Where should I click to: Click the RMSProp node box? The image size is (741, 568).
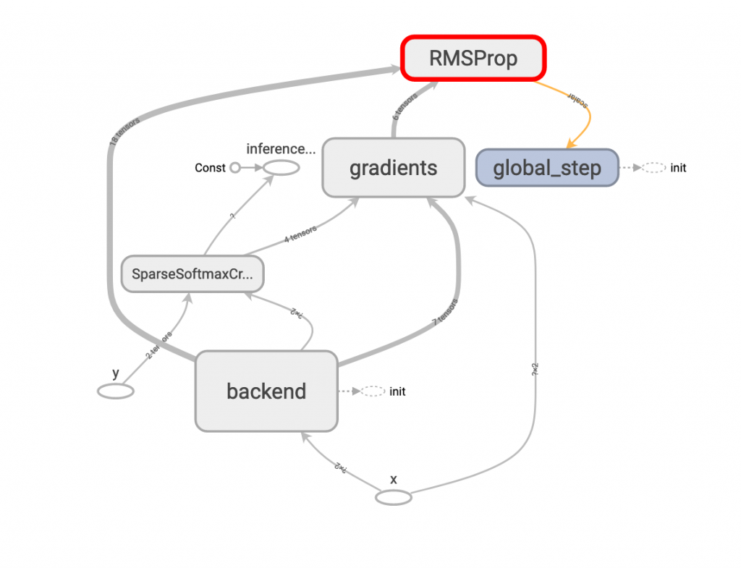(x=473, y=58)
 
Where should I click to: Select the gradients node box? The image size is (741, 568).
(x=393, y=168)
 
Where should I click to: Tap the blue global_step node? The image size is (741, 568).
(x=546, y=169)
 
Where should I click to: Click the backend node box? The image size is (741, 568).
(x=266, y=391)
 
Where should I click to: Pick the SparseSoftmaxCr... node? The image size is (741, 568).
(x=192, y=274)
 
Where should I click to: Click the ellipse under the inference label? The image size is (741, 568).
(x=281, y=168)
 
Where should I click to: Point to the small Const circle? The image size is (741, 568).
(x=234, y=168)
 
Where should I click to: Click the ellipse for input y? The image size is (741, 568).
(x=116, y=391)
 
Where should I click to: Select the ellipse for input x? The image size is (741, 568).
(x=394, y=498)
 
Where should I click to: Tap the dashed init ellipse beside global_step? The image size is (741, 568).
(x=653, y=168)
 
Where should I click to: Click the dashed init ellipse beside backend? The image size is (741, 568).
(x=373, y=391)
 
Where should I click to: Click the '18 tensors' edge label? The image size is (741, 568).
(x=124, y=132)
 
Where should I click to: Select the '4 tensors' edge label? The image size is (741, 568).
(x=300, y=234)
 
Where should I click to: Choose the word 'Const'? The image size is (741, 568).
(x=211, y=168)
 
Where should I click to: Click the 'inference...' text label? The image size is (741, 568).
(x=281, y=149)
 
